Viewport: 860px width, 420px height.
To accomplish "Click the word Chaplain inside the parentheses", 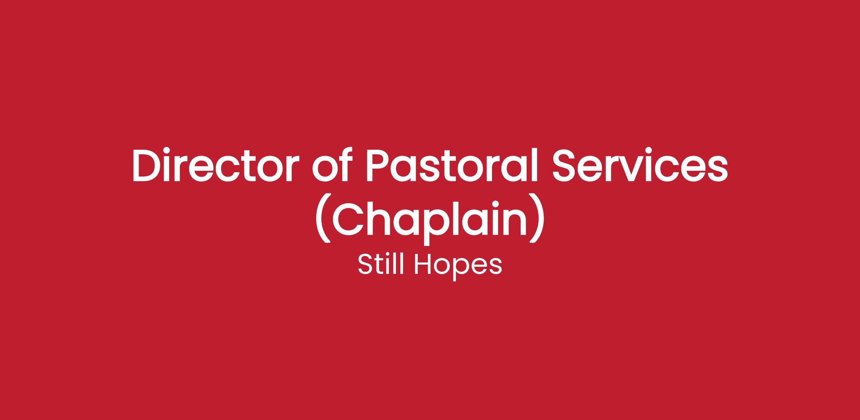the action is [430, 219].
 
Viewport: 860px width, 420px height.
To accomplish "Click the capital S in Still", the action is [365, 265].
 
